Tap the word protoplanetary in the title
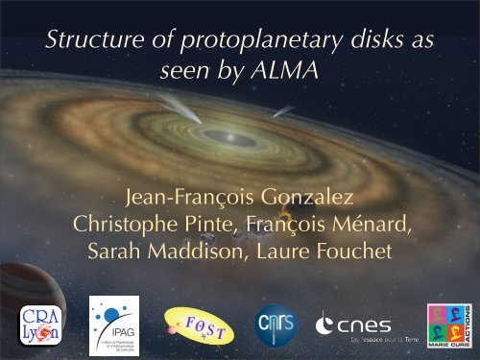tap(224, 41)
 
